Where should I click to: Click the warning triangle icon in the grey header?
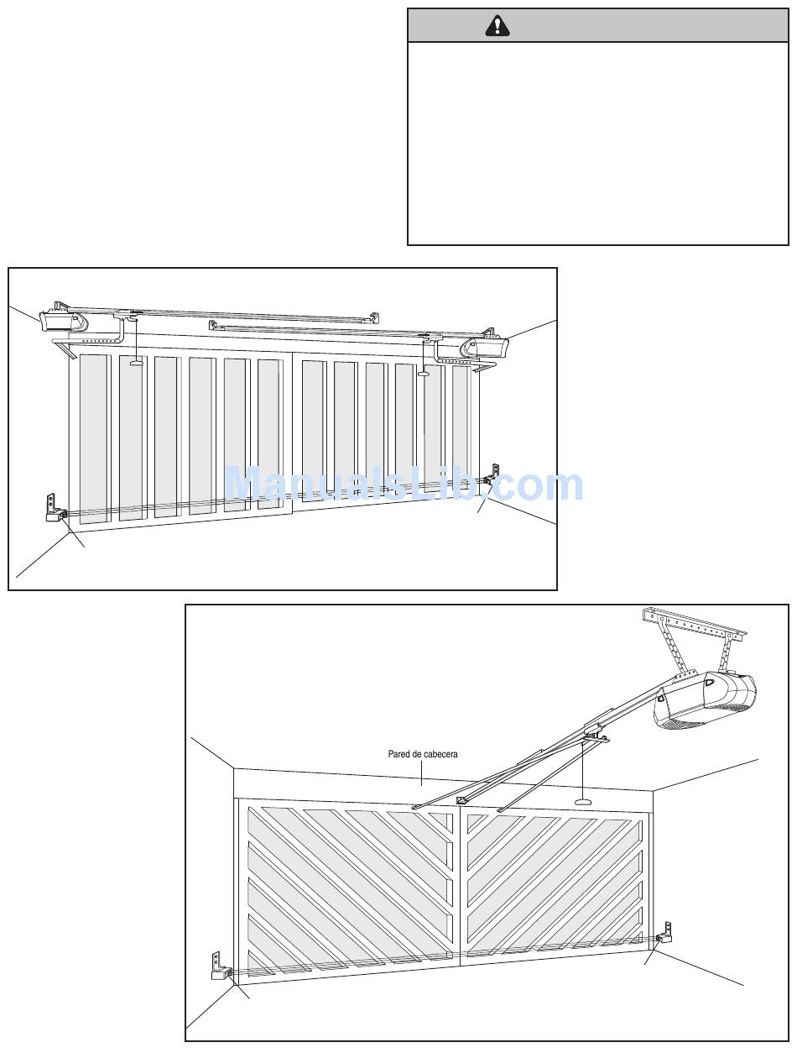(x=497, y=26)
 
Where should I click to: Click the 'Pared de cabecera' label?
(x=423, y=754)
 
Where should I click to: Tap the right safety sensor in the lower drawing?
(x=665, y=935)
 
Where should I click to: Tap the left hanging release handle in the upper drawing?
(x=136, y=364)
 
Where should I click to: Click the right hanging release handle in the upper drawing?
(x=423, y=373)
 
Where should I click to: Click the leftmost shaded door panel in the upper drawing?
(x=94, y=438)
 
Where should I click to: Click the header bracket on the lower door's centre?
(x=461, y=800)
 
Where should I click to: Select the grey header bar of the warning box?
(x=597, y=26)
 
